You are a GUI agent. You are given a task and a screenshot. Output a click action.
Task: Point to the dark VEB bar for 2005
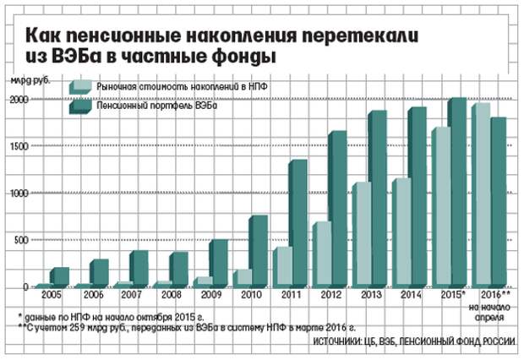[58, 276]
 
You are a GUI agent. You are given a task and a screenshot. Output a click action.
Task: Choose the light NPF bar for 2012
[321, 254]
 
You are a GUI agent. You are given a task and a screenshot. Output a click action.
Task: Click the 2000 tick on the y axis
[19, 99]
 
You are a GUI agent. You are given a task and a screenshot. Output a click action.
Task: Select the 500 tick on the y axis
[21, 240]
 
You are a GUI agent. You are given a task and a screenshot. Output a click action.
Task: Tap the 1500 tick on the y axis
[19, 146]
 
